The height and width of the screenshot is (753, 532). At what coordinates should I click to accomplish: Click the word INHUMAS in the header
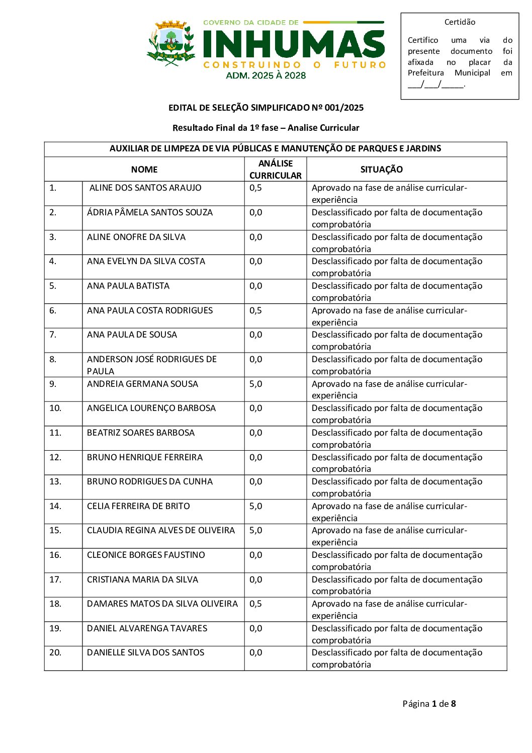point(294,44)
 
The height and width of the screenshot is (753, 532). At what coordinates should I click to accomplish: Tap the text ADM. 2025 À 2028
point(265,75)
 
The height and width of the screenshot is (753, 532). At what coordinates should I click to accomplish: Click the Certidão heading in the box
point(460,22)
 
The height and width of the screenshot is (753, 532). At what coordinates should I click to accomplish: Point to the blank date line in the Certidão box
point(436,85)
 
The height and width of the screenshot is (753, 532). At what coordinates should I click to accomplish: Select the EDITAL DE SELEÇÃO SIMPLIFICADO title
point(265,108)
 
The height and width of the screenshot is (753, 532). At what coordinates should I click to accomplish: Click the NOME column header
point(144,170)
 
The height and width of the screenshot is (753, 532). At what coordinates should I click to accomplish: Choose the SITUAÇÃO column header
point(381,170)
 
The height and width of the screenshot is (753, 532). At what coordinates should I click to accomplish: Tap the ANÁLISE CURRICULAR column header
point(276,170)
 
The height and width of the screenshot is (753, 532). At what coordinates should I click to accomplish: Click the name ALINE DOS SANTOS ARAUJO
point(145,188)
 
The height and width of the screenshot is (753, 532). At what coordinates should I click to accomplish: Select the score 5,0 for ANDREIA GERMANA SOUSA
point(255,384)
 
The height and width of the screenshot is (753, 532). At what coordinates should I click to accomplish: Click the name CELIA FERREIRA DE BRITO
point(138,506)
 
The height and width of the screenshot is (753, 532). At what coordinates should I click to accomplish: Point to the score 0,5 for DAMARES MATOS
point(255,604)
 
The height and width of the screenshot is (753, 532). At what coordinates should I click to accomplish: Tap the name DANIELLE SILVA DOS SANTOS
point(145,652)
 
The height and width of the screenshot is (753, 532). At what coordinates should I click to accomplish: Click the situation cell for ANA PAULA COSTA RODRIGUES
point(389,316)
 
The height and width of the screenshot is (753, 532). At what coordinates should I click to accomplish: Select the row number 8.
point(53,359)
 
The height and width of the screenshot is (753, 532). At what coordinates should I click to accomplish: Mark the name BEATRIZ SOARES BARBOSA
point(140,433)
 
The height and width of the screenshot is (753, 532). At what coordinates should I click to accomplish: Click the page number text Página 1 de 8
point(429,704)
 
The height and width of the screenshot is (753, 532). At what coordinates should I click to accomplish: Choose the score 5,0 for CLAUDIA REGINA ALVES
point(255,530)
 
